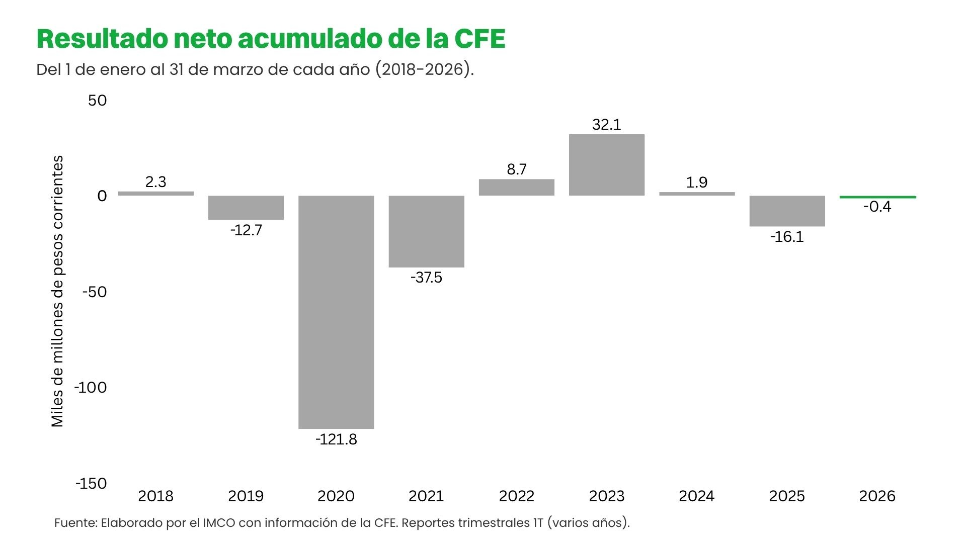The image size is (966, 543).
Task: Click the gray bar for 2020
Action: (x=336, y=312)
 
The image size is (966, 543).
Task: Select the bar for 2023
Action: (x=607, y=165)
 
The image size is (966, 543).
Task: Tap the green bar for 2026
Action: (x=877, y=197)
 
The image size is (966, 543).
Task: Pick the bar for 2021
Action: (x=426, y=231)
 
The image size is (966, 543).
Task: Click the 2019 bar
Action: (x=246, y=208)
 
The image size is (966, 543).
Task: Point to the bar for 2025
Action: (x=787, y=211)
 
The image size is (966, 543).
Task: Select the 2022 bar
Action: (x=516, y=188)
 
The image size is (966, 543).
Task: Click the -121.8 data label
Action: (x=336, y=439)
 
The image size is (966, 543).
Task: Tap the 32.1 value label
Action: (x=607, y=125)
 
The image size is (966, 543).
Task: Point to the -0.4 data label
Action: (x=877, y=207)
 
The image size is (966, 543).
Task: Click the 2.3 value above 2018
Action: (x=155, y=182)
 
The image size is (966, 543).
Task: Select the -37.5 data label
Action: (x=426, y=278)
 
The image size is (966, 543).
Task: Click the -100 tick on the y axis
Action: (x=91, y=388)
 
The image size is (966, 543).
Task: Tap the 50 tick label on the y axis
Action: (x=97, y=101)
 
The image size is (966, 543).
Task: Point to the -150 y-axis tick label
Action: (x=91, y=484)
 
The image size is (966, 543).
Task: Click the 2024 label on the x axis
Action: (x=696, y=496)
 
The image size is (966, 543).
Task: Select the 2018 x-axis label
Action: (x=155, y=496)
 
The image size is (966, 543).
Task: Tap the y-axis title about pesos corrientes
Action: (x=58, y=291)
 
